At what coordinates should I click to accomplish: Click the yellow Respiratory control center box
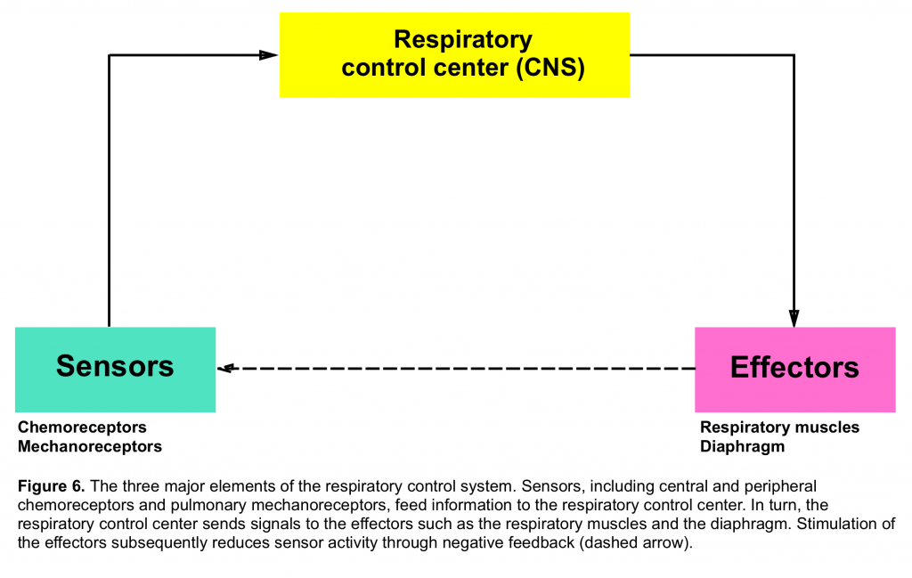point(454,55)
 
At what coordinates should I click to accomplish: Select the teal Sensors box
point(115,370)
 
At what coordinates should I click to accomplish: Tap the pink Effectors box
point(795,370)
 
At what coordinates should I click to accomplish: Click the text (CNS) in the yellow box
point(550,68)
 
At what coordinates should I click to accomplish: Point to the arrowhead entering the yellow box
point(269,55)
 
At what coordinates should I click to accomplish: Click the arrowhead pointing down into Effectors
point(794,318)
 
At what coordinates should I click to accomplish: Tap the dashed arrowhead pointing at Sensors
point(225,368)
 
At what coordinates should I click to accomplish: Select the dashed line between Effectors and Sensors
point(456,368)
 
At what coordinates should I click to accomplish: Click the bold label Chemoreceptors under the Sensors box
point(82,427)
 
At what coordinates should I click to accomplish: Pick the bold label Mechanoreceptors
point(90,446)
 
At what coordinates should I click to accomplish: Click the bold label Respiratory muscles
point(779,427)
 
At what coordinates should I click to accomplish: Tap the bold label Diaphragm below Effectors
point(742,446)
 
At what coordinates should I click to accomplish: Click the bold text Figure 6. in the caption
point(51,486)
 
